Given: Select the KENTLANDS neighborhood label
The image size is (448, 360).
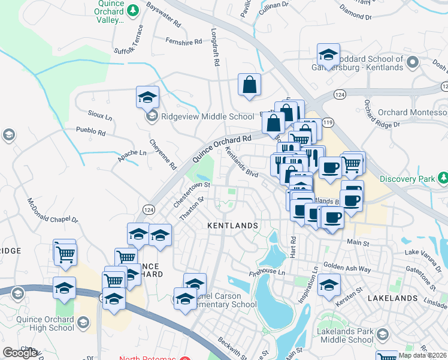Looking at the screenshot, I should (232, 226).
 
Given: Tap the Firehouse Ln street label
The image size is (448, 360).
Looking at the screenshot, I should (269, 272).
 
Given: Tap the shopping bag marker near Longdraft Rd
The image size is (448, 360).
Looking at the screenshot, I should (249, 85).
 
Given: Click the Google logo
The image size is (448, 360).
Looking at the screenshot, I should (19, 353).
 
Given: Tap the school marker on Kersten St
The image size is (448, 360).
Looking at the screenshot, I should (328, 286).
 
